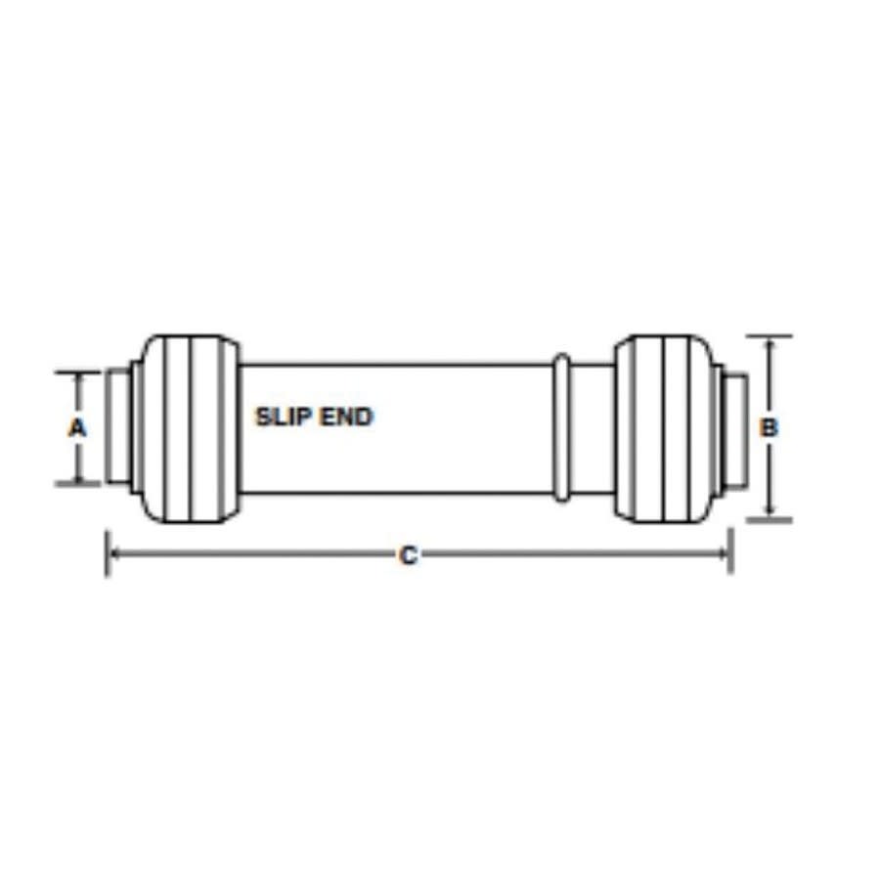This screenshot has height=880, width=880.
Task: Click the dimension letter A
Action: click(77, 427)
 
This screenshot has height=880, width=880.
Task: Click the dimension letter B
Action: click(770, 427)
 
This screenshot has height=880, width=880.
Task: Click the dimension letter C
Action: click(409, 555)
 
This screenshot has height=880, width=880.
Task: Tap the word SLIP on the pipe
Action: click(282, 417)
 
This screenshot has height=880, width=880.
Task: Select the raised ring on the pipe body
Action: click(560, 427)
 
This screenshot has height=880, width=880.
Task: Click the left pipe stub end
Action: click(116, 426)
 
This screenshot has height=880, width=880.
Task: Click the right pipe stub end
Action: click(735, 426)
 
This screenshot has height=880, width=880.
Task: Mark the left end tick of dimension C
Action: click(107, 553)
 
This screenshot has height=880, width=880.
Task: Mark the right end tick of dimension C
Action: click(730, 553)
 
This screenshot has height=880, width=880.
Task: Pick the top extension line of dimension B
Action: click(770, 336)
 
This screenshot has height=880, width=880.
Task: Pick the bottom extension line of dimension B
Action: click(770, 519)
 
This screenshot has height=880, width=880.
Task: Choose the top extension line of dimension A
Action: click(77, 372)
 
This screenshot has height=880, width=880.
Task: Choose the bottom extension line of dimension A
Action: click(77, 482)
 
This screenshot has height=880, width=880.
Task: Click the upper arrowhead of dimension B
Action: click(770, 344)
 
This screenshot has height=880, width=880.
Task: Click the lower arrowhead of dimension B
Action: click(770, 511)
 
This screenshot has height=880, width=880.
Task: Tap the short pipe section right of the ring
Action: click(592, 427)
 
